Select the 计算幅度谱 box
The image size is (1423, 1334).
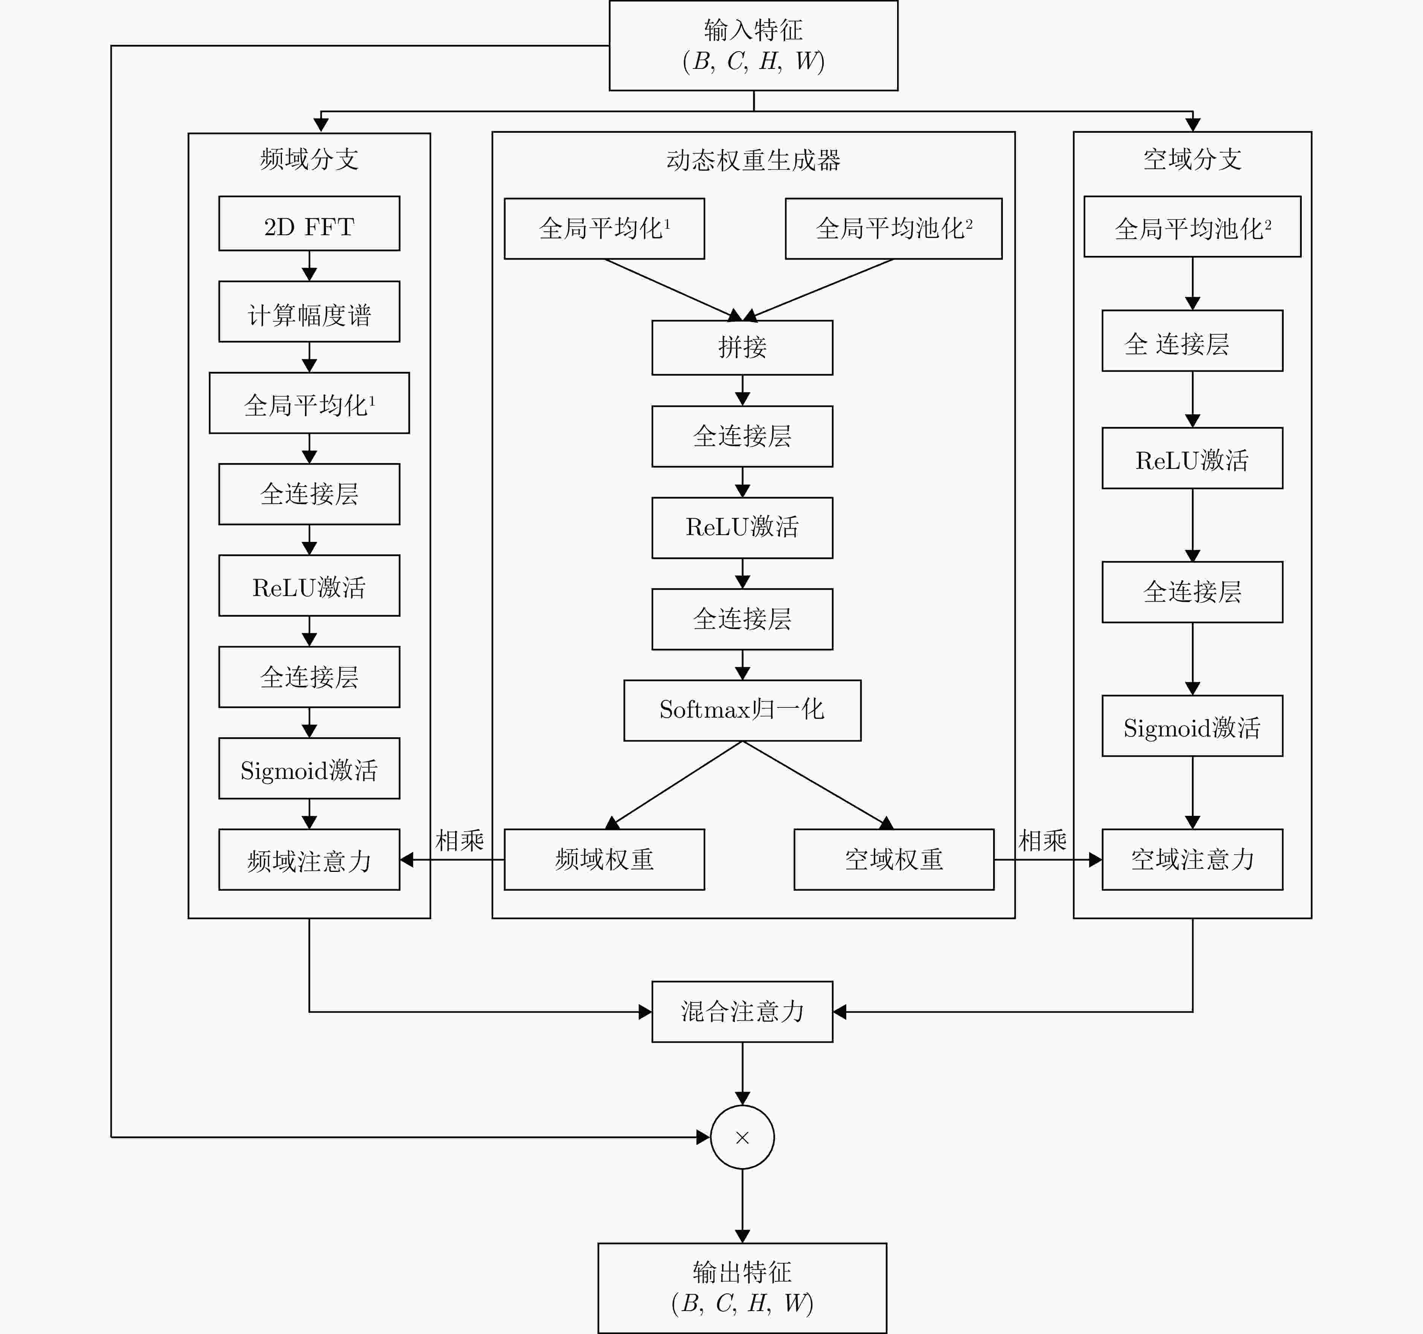click(309, 312)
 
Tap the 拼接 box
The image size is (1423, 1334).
click(742, 348)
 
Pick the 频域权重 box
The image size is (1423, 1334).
click(604, 859)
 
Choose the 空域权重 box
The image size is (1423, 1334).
click(894, 859)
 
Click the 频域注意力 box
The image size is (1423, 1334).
click(309, 859)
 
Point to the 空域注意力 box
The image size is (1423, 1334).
click(1193, 859)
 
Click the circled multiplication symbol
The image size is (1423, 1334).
click(742, 1137)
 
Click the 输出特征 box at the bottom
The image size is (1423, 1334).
click(742, 1287)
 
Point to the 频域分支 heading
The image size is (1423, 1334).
click(309, 159)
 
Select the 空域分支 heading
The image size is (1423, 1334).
click(1193, 159)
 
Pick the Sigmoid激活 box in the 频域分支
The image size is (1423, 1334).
click(309, 769)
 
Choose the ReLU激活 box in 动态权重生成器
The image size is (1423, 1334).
click(742, 528)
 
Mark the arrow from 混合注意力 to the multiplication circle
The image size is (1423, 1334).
click(742, 1074)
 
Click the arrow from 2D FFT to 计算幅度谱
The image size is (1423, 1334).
click(309, 266)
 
